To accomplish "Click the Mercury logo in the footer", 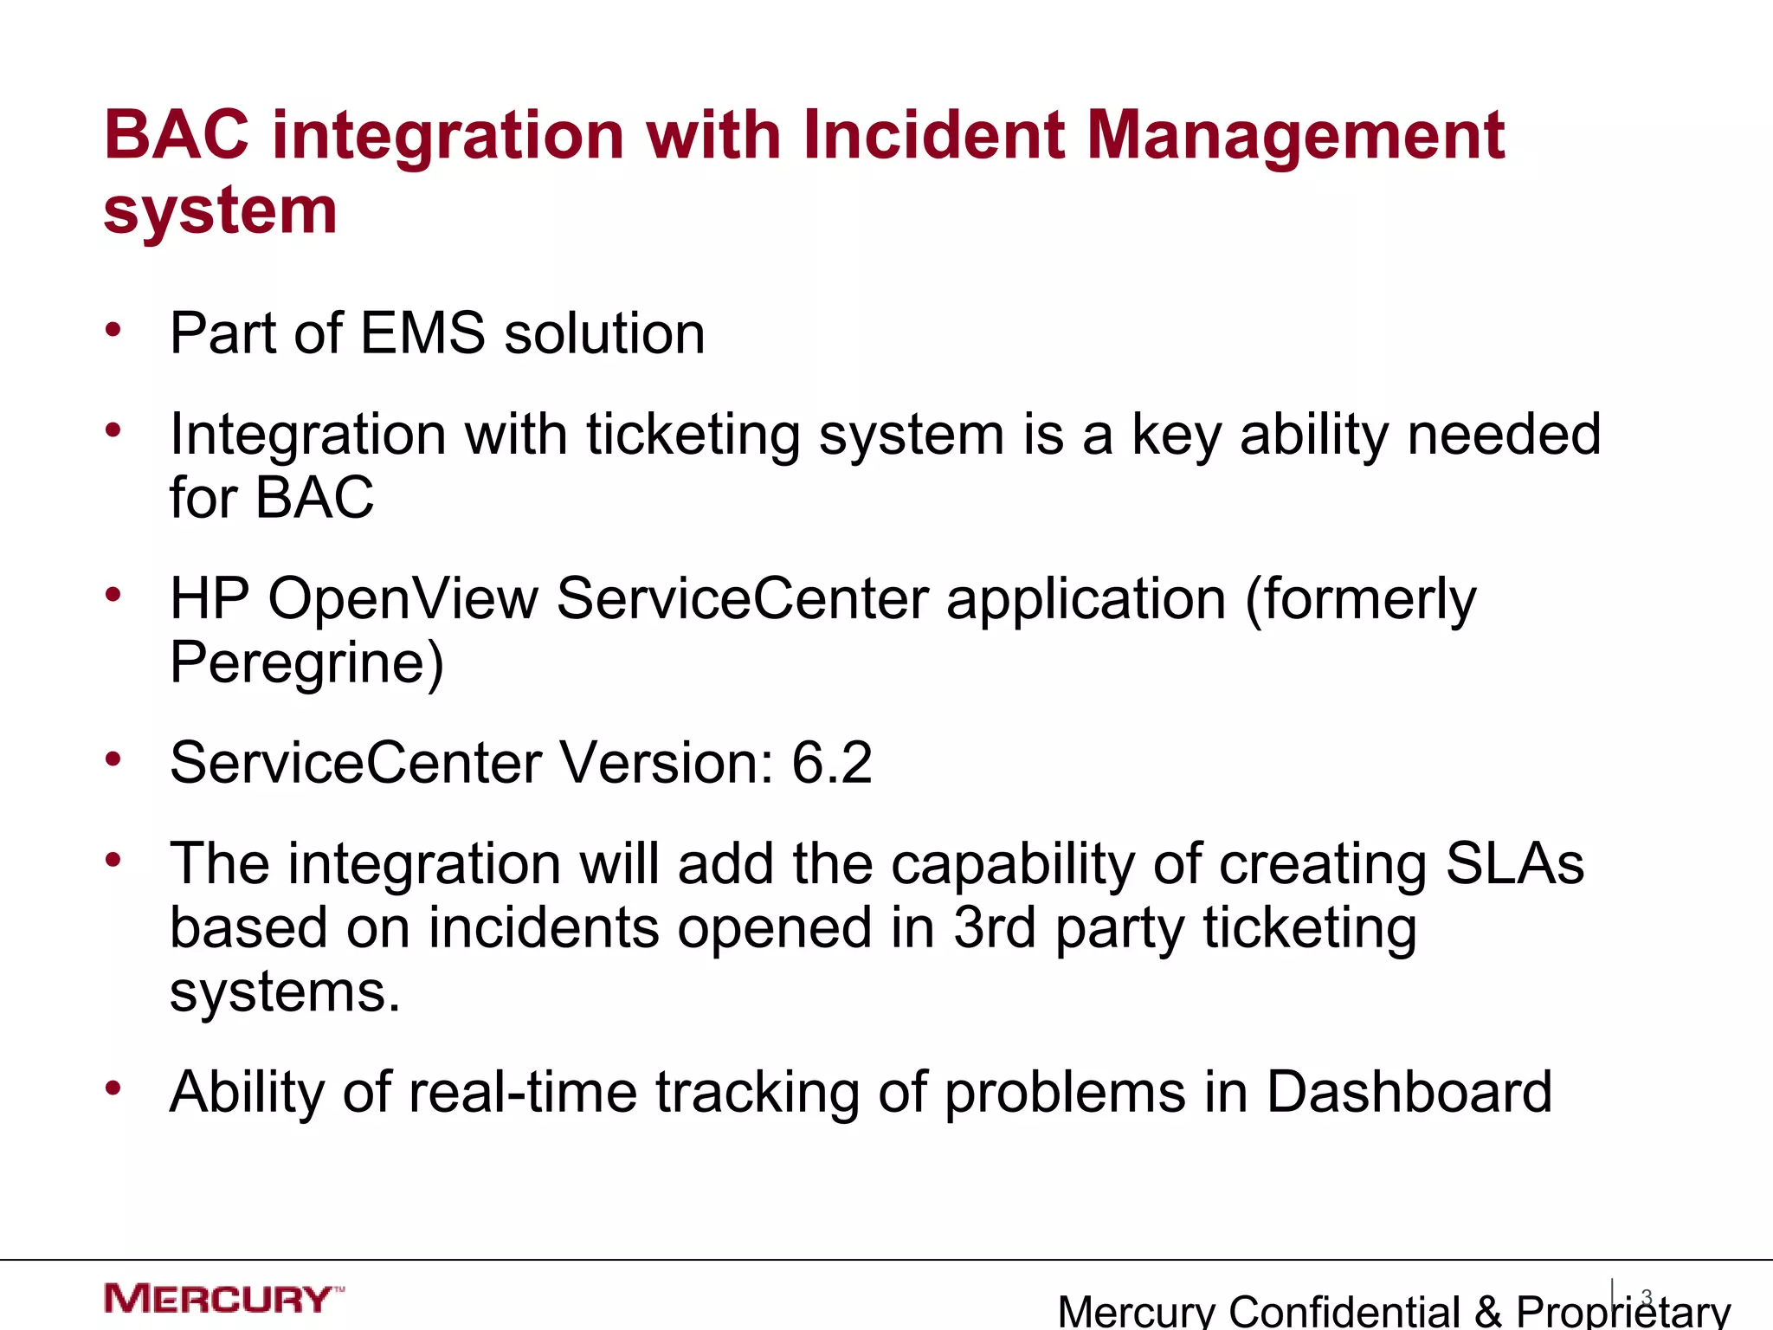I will (222, 1299).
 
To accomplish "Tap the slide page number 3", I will (1647, 1297).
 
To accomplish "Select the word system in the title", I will (220, 211).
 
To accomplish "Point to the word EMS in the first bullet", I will (422, 333).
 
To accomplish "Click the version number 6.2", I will (831, 763).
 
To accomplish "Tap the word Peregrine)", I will (306, 662).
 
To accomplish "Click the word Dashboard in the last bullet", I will (1409, 1092).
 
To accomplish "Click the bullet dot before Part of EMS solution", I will (113, 330).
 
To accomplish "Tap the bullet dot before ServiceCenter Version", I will (113, 759).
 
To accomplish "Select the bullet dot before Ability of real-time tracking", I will (113, 1088).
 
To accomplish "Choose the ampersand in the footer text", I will (1487, 1311).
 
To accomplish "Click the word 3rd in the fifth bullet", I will (994, 927).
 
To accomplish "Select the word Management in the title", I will (1295, 136).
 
